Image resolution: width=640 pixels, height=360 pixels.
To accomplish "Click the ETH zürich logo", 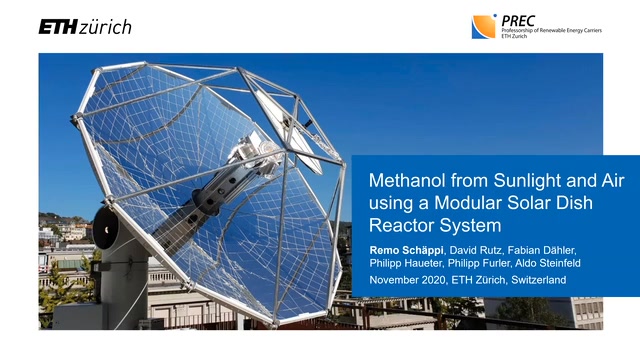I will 85,27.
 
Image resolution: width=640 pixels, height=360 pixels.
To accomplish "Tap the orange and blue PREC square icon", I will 483,27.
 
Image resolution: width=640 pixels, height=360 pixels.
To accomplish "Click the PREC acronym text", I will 519,20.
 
